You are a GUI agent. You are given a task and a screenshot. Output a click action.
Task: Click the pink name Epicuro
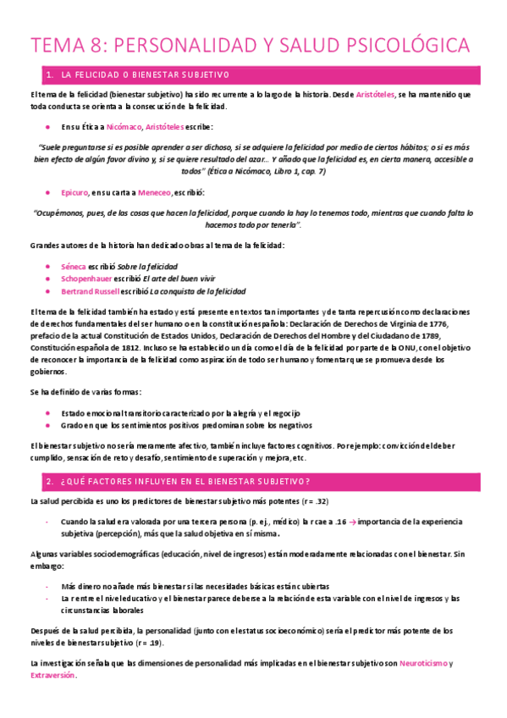pyautogui.click(x=74, y=193)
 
